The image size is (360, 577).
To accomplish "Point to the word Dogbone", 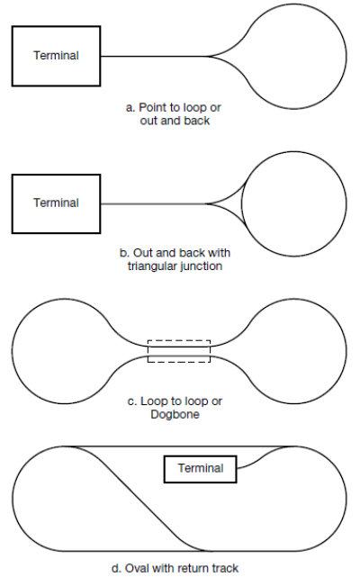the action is point(175,415).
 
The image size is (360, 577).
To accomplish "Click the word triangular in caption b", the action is point(151,266).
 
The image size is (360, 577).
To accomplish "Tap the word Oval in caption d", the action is point(138,568).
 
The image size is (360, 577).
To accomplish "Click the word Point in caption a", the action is point(151,107).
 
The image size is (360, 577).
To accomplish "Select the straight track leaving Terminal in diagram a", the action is point(154,57).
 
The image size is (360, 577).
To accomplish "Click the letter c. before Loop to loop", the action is point(131,401).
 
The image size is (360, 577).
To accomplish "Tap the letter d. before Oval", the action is point(116,568).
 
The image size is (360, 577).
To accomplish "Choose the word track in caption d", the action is point(224,568).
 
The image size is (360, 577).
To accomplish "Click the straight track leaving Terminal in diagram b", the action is point(154,203).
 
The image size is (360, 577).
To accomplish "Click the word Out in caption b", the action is point(142,253).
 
